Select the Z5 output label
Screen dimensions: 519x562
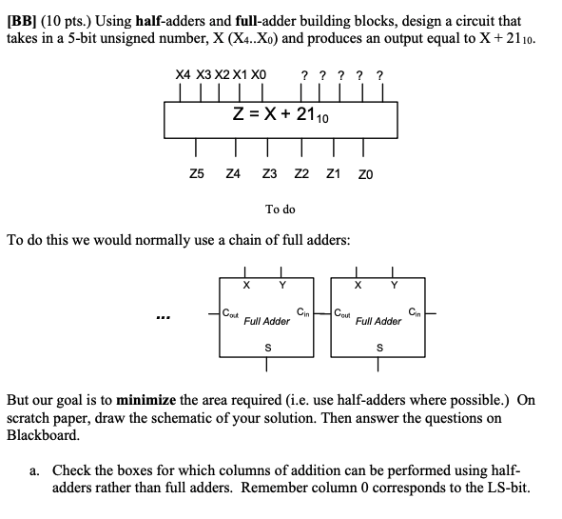pyautogui.click(x=196, y=174)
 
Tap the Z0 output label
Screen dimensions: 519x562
pyautogui.click(x=366, y=174)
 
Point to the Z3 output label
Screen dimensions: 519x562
pyautogui.click(x=269, y=174)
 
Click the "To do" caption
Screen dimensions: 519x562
pyautogui.click(x=281, y=209)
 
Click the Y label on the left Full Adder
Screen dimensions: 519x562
pyautogui.click(x=281, y=283)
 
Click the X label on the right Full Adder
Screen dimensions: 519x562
pyautogui.click(x=358, y=283)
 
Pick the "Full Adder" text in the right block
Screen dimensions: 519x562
pyautogui.click(x=378, y=322)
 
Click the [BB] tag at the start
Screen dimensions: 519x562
pyautogui.click(x=23, y=20)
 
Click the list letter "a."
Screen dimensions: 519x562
pyautogui.click(x=35, y=469)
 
